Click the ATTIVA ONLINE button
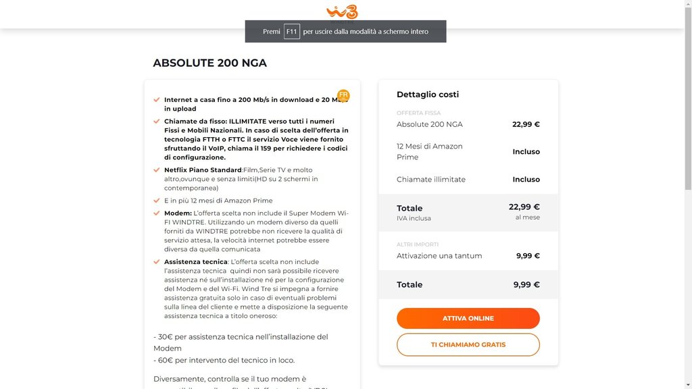(x=468, y=318)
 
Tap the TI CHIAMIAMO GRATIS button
(x=468, y=344)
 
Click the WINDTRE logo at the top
(x=342, y=11)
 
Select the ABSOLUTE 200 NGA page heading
(x=209, y=63)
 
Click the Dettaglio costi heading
(x=428, y=95)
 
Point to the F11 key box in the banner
(x=291, y=32)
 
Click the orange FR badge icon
(x=343, y=95)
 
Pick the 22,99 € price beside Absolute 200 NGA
(x=526, y=124)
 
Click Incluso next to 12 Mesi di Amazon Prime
(x=526, y=152)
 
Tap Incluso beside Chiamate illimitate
(x=526, y=180)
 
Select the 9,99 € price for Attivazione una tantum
(x=528, y=256)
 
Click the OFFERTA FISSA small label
(x=418, y=113)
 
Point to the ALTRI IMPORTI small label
(x=418, y=244)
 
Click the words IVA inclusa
(x=414, y=219)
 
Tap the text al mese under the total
(x=527, y=217)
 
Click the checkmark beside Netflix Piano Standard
(x=157, y=170)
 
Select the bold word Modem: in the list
(x=178, y=213)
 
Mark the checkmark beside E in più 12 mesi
(x=157, y=201)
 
